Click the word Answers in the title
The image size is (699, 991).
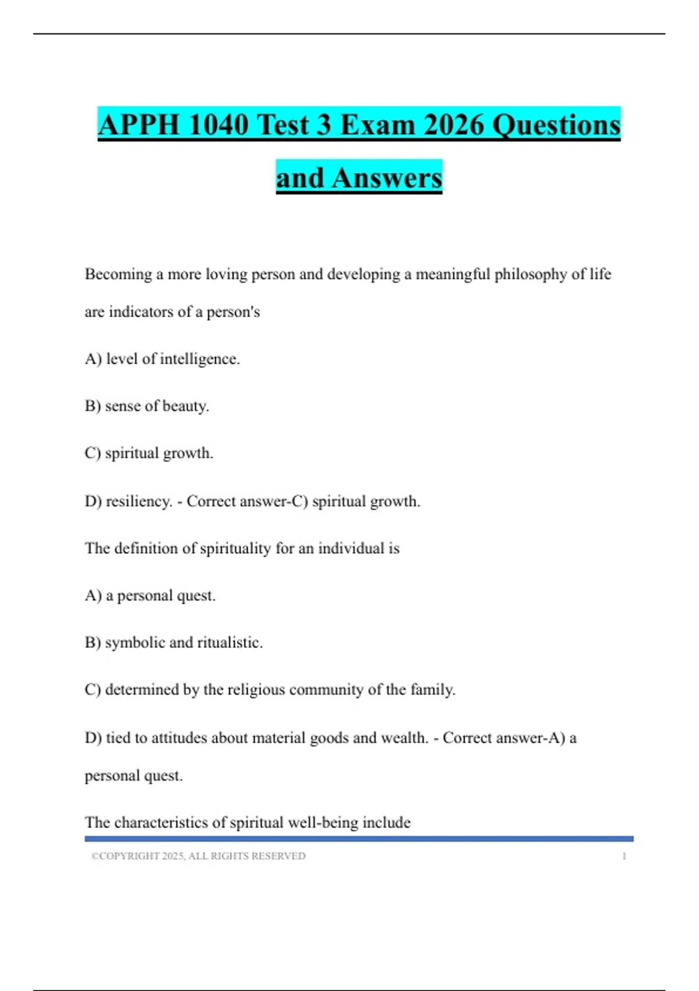point(387,178)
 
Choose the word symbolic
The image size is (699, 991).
point(135,643)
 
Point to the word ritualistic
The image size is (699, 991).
point(230,643)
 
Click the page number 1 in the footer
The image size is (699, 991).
point(624,856)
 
